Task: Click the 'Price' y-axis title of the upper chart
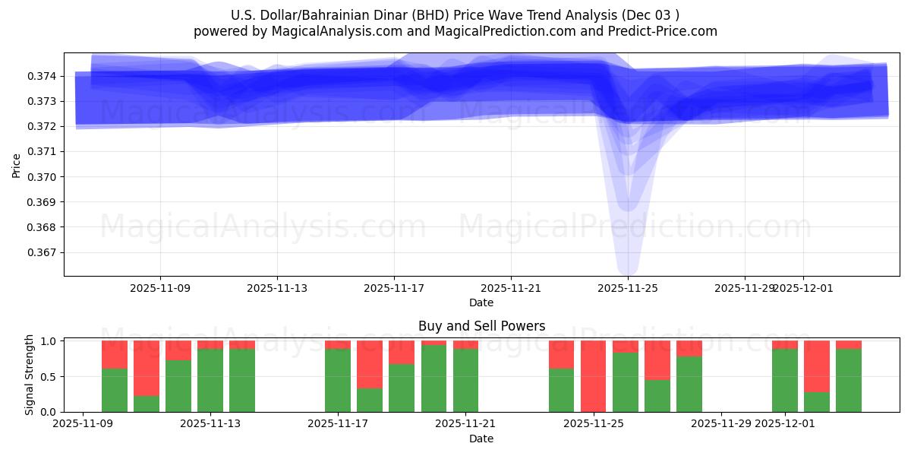point(17,164)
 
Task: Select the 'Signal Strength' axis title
point(29,375)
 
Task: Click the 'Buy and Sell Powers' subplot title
point(481,326)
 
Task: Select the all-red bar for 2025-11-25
point(593,376)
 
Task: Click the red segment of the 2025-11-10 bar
point(147,369)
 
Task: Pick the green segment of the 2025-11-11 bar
point(178,386)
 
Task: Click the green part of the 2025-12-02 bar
point(816,402)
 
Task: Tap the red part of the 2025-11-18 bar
point(370,364)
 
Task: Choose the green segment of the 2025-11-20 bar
point(433,378)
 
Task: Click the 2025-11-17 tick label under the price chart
point(393,289)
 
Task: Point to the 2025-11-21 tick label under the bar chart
point(465,424)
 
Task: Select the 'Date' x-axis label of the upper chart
point(481,302)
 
